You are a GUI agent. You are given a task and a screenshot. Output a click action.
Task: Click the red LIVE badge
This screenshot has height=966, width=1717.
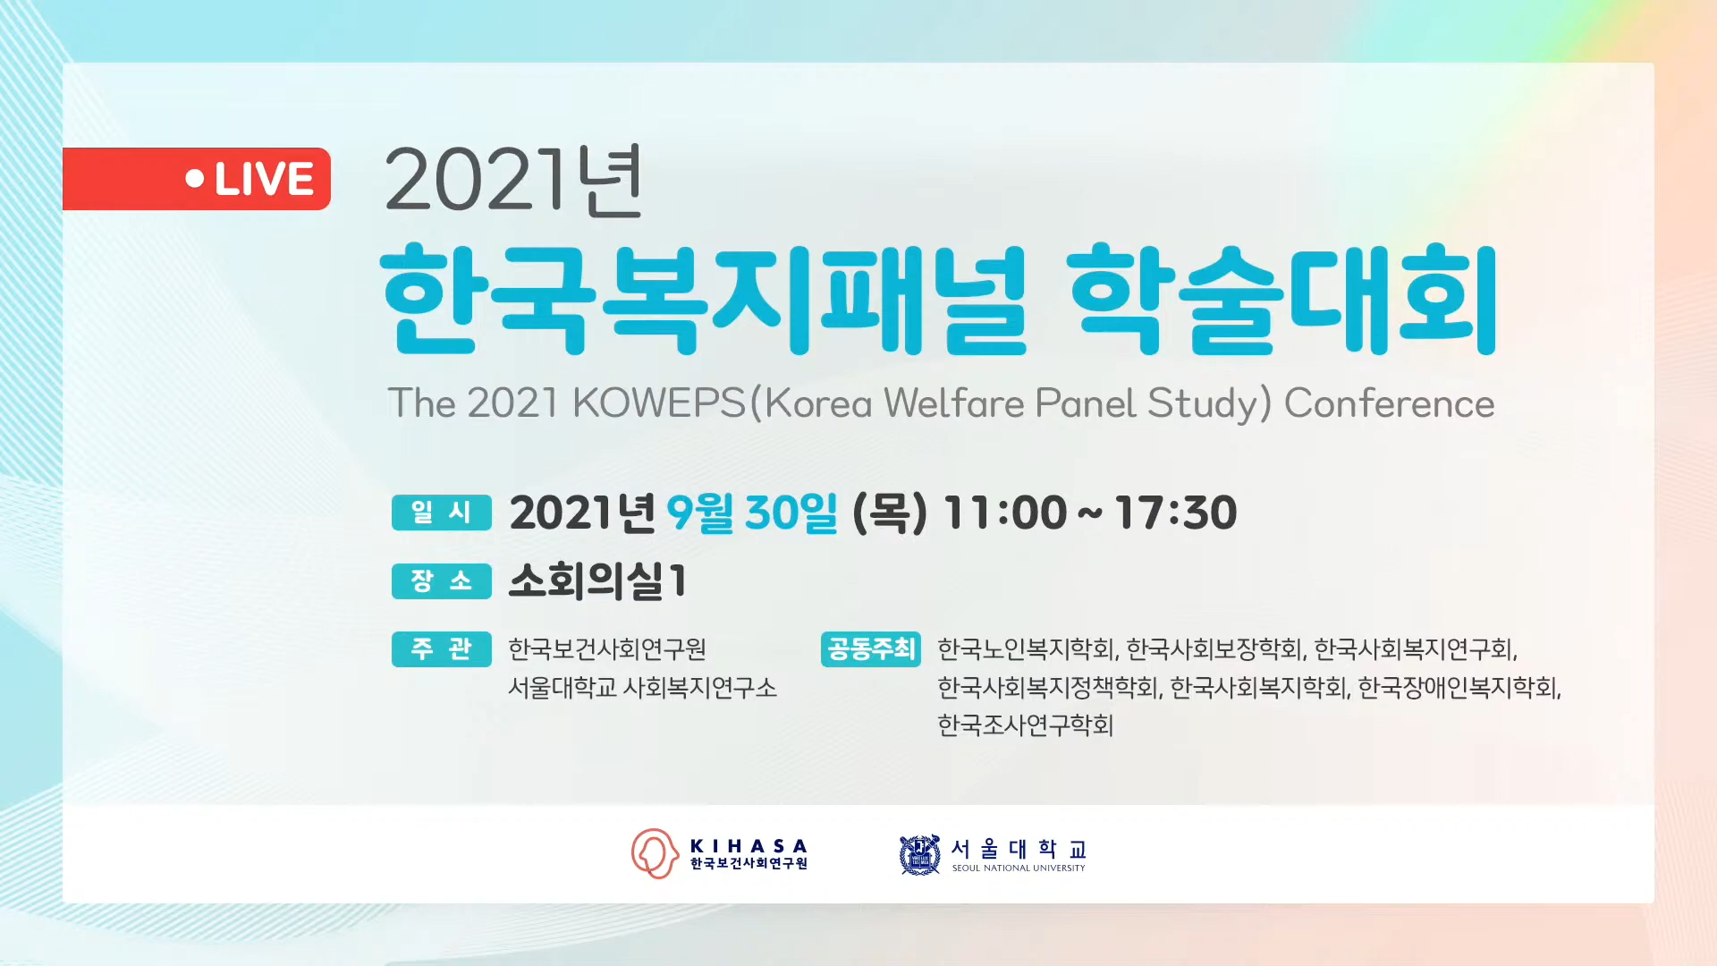coord(197,179)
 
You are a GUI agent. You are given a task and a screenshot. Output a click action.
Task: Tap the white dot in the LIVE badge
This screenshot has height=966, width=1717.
coord(195,179)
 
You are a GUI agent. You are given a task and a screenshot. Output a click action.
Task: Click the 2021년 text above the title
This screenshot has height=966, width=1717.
coord(513,181)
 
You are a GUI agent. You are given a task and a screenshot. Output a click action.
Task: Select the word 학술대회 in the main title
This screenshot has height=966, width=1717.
coord(1282,299)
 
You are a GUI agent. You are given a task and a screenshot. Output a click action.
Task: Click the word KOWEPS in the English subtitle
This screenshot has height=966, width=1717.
coord(659,403)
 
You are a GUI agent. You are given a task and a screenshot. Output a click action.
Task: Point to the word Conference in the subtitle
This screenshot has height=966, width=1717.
coord(1390,403)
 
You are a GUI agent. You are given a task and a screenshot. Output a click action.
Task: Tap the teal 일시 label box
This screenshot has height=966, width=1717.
coord(442,513)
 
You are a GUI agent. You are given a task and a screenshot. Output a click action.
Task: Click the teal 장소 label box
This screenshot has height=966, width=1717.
coord(442,581)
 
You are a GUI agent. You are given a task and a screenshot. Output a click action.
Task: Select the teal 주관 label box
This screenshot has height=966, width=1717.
coord(442,648)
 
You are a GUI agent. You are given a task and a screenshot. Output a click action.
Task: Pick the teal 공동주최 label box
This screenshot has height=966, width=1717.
coord(871,648)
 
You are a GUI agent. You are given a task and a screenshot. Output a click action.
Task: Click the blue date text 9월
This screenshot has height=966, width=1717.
coord(700,513)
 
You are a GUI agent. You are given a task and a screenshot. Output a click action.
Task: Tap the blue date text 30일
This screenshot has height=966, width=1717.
coord(791,513)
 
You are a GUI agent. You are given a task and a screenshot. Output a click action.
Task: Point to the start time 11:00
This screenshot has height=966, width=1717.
coord(1005,513)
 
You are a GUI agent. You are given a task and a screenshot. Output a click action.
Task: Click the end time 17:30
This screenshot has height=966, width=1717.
coord(1176,513)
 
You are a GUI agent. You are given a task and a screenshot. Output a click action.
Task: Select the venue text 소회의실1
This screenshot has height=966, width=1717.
coord(597,581)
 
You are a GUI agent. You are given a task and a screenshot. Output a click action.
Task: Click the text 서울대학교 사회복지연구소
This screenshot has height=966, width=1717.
coord(642,687)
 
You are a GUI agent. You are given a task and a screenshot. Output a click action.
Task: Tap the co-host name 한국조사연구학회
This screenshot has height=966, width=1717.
coord(1026,724)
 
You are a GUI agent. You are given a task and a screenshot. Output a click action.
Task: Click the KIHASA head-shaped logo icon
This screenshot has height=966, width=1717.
coord(655,853)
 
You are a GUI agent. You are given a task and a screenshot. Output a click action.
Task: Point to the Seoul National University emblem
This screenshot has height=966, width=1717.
coord(919,855)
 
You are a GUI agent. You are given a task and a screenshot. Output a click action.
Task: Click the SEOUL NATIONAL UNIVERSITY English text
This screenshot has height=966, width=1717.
coord(1019,868)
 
